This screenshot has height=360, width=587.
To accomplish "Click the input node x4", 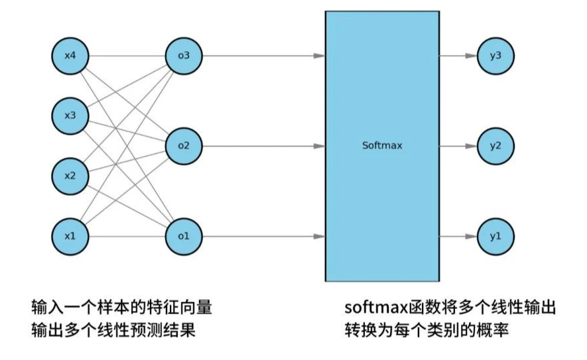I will click(70, 56).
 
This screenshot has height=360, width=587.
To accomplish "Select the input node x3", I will click(70, 116).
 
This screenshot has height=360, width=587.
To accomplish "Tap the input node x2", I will click(70, 176).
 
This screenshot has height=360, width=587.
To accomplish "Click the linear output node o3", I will click(184, 56).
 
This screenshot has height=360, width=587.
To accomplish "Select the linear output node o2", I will click(184, 146).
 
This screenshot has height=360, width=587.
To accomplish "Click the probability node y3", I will click(495, 56).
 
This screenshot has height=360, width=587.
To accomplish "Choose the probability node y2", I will click(495, 146).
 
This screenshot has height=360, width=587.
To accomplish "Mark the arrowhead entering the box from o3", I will click(319, 56).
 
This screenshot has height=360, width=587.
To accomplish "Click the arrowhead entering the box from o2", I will click(319, 146).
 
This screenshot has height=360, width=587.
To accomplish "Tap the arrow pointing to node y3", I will click(470, 56).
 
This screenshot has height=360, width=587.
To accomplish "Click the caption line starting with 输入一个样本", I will click(122, 308).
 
